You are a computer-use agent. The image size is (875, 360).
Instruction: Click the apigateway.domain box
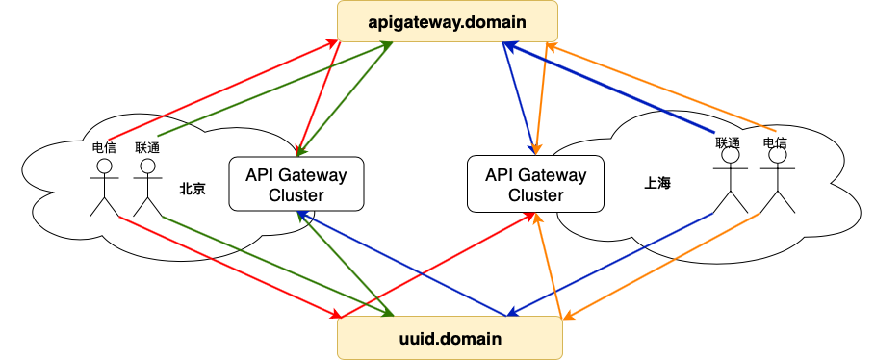(x=448, y=20)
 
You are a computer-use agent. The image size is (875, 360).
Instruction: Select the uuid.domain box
(x=450, y=339)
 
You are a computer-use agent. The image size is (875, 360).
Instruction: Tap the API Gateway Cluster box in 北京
(x=296, y=185)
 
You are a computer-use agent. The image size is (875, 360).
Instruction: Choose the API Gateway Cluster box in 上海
(x=535, y=185)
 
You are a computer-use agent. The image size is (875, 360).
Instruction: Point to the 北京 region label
(x=193, y=189)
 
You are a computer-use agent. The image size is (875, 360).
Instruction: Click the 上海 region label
(x=656, y=182)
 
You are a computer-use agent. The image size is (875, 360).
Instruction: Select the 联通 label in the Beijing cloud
(x=147, y=148)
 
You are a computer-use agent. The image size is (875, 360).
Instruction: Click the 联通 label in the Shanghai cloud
(x=727, y=142)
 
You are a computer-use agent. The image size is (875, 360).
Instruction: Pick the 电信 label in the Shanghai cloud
(x=775, y=142)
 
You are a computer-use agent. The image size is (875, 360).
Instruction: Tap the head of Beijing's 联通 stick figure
(x=146, y=167)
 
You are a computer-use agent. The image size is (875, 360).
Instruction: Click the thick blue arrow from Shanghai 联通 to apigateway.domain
(x=616, y=90)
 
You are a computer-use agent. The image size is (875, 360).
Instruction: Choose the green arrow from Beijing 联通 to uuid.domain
(x=279, y=265)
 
